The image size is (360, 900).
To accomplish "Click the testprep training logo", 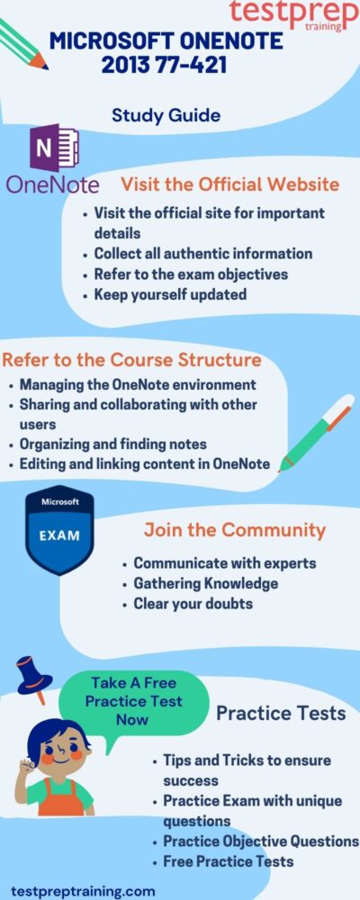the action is point(293,15).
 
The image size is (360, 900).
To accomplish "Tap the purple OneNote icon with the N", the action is point(55,148).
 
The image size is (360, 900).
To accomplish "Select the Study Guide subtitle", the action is point(166,115).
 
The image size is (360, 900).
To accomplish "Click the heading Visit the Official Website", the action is point(229,184).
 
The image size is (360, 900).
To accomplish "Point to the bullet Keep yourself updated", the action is point(170,294).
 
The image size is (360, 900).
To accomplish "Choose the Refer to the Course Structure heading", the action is point(131,361).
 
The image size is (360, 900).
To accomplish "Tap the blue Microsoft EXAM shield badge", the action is point(59,530).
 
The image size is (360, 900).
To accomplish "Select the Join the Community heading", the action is point(235,530).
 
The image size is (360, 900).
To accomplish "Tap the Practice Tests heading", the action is point(281,713).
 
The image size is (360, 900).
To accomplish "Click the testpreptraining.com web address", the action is point(84,891).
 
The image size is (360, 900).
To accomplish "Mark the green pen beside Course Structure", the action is point(316,433).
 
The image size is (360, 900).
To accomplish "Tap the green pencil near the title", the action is point(23,43).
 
